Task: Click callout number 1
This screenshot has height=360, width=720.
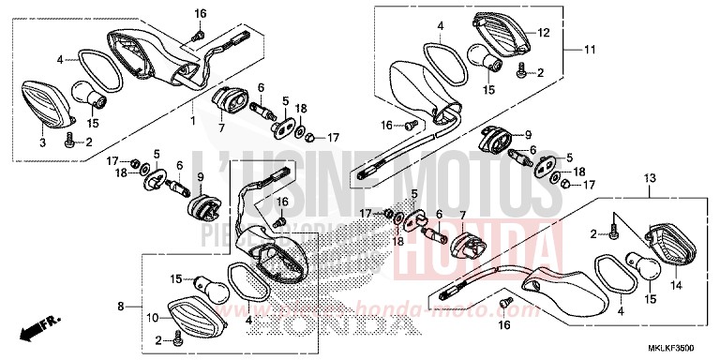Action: click(x=193, y=121)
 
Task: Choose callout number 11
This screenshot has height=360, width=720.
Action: click(x=591, y=49)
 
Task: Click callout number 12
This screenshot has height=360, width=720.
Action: click(x=542, y=34)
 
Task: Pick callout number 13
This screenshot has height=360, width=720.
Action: click(x=649, y=179)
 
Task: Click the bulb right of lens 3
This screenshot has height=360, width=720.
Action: click(x=90, y=96)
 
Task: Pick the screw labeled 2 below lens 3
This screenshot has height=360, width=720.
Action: click(x=71, y=142)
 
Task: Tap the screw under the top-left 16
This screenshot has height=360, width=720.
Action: click(x=198, y=35)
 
